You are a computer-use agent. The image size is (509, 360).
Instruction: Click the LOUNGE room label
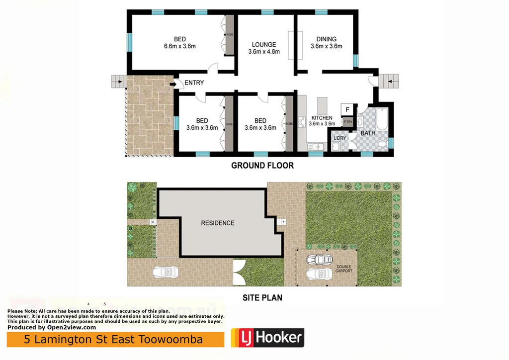tap(264, 44)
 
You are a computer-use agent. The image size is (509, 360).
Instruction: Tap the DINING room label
tap(326, 39)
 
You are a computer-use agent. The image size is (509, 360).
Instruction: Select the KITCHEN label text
tap(322, 118)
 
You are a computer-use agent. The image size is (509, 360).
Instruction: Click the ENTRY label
tap(194, 83)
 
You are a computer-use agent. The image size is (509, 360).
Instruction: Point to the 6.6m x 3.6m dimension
tap(180, 46)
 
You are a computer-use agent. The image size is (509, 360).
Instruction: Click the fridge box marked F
tap(347, 109)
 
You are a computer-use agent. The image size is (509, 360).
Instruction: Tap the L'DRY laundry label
tap(340, 138)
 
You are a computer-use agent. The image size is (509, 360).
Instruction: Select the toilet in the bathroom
tap(382, 144)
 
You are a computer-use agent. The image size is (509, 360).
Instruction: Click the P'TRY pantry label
tap(347, 121)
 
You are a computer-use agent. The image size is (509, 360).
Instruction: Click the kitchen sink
tap(315, 146)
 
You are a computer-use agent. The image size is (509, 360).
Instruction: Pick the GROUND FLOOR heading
tap(262, 166)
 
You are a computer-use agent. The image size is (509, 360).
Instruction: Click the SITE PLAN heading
tap(262, 298)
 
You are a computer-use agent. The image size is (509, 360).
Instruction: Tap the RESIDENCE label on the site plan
tap(218, 223)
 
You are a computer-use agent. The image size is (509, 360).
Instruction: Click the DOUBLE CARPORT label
tap(344, 269)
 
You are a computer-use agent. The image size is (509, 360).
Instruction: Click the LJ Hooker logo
tap(267, 338)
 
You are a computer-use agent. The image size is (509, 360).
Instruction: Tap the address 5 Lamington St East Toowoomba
tap(114, 340)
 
